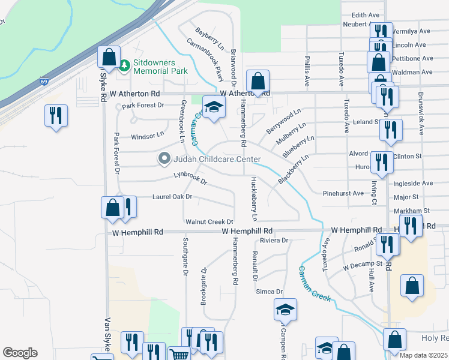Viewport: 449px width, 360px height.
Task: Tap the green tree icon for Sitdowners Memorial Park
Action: [124, 64]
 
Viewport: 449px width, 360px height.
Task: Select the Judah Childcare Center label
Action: [217, 159]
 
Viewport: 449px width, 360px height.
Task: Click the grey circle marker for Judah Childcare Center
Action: [164, 159]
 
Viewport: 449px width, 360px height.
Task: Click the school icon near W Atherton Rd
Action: [212, 107]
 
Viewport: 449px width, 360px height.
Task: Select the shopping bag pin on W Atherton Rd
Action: [258, 80]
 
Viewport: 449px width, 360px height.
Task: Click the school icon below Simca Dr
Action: [286, 310]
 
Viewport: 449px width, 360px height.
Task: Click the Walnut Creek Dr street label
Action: [209, 222]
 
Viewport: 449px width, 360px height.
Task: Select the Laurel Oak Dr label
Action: [172, 196]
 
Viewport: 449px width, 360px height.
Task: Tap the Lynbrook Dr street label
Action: [190, 178]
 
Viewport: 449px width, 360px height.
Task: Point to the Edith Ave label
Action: [366, 14]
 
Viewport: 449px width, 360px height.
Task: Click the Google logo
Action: [20, 353]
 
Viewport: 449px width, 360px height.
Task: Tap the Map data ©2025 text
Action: [423, 355]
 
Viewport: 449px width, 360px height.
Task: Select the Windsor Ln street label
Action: [147, 136]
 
